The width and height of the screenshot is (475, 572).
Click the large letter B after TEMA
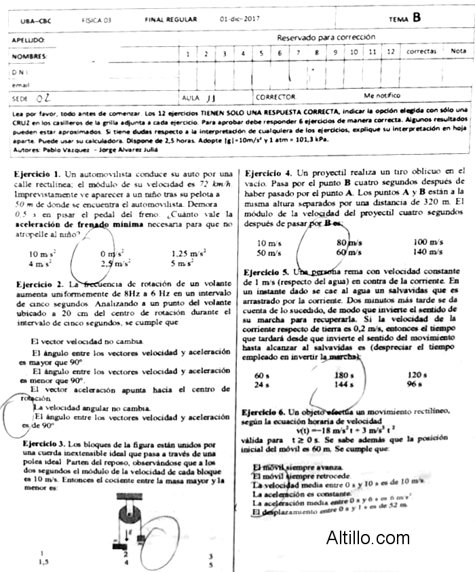[417, 18]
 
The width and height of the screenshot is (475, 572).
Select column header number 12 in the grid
[390, 52]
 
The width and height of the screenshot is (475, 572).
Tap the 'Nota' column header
[458, 51]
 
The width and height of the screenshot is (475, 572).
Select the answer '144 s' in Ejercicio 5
[345, 384]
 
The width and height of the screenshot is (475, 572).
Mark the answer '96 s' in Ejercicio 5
[415, 384]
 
